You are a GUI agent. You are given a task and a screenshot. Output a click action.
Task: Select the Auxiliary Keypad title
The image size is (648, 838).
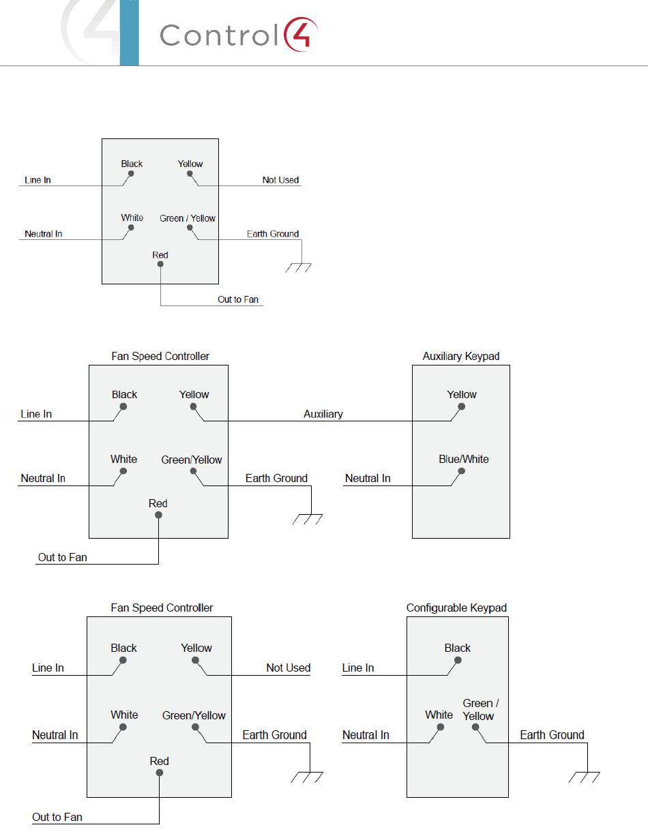460,356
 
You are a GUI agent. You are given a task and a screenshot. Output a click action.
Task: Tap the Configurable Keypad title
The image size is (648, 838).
456,608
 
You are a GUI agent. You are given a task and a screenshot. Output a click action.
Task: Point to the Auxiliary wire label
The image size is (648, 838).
323,414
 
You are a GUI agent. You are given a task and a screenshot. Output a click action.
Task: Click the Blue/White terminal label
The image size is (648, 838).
464,459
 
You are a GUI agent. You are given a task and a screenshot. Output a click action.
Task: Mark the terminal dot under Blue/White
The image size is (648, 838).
462,471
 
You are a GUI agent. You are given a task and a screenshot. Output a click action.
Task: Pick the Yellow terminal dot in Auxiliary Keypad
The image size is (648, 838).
462,407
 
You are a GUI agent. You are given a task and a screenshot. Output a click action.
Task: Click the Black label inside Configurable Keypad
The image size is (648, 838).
458,648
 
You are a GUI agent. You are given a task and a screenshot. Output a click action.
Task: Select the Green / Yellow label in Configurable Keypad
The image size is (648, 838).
478,710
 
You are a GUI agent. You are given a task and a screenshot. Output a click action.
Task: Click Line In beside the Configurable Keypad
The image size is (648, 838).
358,668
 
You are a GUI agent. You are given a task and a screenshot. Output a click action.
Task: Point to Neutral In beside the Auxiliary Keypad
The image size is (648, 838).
368,478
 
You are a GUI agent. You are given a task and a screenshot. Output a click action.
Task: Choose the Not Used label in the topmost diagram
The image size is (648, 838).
280,180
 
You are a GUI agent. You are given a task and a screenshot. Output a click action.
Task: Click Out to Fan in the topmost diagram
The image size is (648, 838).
238,299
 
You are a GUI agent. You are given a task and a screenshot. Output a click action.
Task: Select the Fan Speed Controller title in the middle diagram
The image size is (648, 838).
160,356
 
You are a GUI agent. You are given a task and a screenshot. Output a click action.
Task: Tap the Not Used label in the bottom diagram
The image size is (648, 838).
288,668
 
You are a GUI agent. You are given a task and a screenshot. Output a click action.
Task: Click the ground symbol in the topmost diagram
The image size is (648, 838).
299,267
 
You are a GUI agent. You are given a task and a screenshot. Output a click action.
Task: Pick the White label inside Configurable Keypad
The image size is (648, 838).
439,715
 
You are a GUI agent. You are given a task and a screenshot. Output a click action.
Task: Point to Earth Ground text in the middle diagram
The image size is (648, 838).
276,478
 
